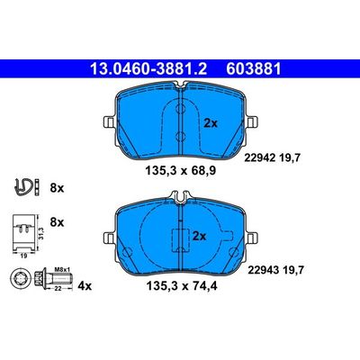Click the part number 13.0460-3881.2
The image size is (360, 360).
click(148, 69)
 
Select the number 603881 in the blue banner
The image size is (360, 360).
click(254, 69)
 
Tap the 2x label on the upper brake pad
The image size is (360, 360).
click(211, 123)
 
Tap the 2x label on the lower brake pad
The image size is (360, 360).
click(199, 237)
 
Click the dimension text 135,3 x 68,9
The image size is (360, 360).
click(181, 171)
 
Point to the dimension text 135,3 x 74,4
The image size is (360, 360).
click(182, 285)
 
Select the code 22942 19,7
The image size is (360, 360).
click(272, 157)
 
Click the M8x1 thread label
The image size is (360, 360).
click(62, 269)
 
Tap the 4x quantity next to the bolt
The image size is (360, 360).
click(85, 286)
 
